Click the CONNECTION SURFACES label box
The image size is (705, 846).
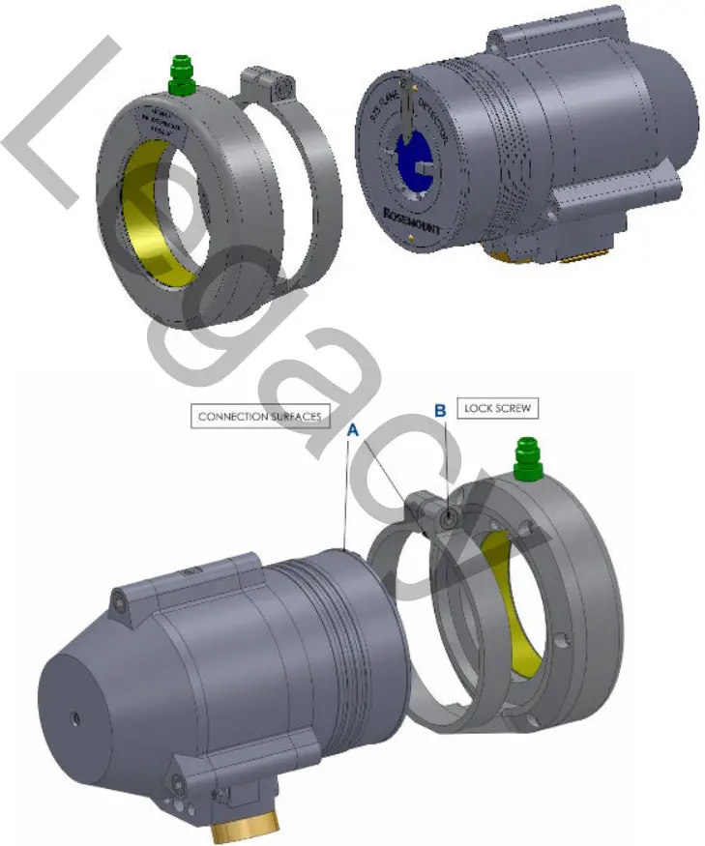(259, 417)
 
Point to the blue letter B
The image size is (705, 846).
(440, 410)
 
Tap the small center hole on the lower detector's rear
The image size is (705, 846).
(75, 719)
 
